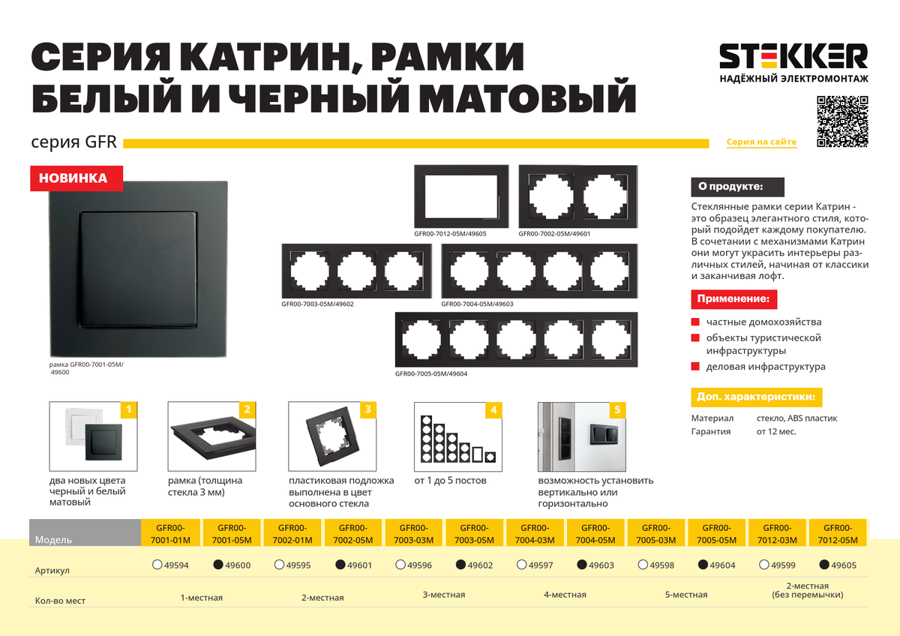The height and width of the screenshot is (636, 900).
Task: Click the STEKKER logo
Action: tap(793, 63)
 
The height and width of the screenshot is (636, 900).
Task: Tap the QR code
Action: tap(842, 121)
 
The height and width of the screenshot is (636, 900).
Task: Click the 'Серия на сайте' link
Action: tap(761, 142)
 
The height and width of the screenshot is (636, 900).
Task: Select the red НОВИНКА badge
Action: tap(76, 178)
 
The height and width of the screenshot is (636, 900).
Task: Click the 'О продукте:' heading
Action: tap(737, 187)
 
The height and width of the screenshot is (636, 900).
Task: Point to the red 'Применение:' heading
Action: tap(733, 299)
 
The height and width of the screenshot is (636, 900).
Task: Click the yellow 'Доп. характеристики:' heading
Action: tap(756, 397)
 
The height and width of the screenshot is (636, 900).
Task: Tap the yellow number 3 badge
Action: tap(367, 409)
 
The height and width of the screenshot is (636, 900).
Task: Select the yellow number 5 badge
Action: tap(617, 409)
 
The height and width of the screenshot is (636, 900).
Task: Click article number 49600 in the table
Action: tap(238, 565)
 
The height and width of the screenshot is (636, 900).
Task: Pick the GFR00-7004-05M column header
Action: tap(595, 533)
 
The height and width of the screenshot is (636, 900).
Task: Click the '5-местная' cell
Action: tap(685, 595)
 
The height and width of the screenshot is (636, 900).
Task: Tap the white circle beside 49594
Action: tap(157, 565)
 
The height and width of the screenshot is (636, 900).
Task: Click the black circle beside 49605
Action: tap(824, 565)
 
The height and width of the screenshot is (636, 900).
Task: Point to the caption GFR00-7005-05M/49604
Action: tap(431, 373)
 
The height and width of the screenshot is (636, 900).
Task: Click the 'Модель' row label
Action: tap(53, 539)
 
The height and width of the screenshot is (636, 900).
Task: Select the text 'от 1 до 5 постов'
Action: tap(450, 481)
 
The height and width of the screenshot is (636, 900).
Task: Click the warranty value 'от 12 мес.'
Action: tap(775, 431)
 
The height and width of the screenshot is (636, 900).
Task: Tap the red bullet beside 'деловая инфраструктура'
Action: tap(695, 367)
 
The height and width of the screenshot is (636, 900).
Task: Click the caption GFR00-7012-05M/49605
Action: tap(450, 234)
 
